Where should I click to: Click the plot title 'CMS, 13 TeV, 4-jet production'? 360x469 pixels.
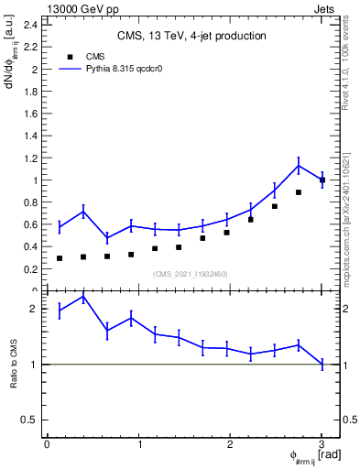coord(191,36)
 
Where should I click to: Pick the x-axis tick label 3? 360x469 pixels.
coord(322,445)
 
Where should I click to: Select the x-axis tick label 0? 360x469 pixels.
coord(47,445)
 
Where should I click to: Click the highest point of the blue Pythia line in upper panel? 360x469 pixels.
coord(299,165)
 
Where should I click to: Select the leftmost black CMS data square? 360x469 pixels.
coord(60,258)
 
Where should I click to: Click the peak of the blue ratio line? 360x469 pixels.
coord(83,297)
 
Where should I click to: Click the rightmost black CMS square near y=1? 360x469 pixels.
coord(322,180)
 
